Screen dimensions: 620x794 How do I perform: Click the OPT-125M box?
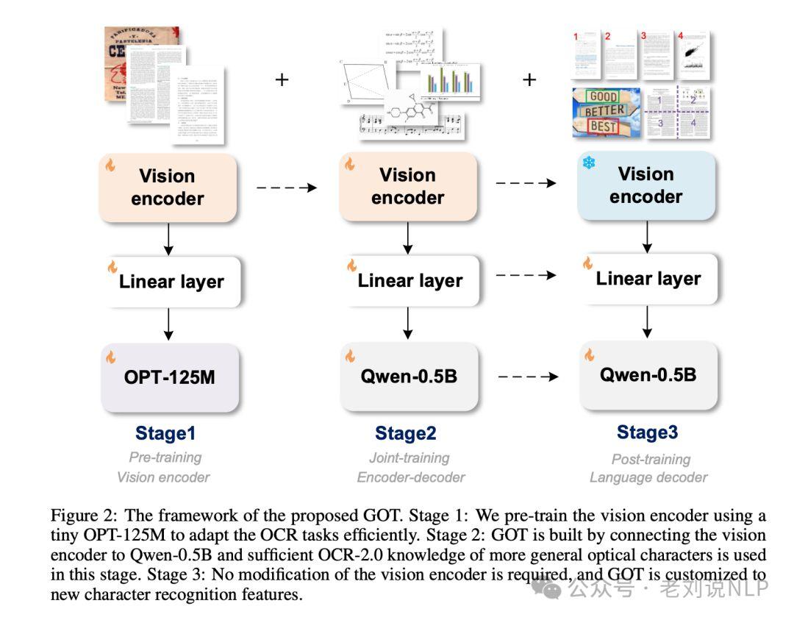(x=170, y=377)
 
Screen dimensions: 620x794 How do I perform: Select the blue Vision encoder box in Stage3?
(x=645, y=185)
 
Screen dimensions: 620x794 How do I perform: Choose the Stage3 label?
(x=647, y=432)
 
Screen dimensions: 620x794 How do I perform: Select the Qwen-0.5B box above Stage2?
(x=409, y=377)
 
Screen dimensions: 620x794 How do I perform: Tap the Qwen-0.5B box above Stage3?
(x=648, y=375)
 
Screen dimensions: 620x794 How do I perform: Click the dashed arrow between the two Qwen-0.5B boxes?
(x=526, y=377)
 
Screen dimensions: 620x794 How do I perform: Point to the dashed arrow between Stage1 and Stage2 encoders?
(x=287, y=188)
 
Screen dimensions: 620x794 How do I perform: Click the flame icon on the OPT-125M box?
(x=111, y=357)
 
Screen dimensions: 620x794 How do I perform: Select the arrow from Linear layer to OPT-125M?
(x=169, y=324)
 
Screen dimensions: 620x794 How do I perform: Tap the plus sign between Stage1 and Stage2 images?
(x=282, y=79)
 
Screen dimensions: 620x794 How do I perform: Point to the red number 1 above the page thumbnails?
(x=576, y=35)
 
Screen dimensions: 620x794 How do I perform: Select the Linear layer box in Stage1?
(x=171, y=282)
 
